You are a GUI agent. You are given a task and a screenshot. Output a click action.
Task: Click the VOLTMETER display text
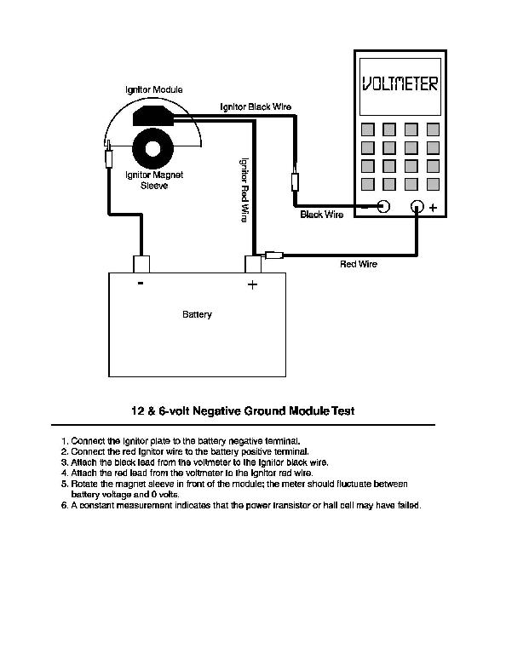click(x=400, y=83)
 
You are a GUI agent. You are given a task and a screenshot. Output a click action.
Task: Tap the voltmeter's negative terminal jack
click(x=383, y=206)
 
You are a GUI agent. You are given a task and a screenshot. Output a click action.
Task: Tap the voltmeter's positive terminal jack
click(x=417, y=206)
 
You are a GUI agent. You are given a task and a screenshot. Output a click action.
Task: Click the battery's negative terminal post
click(x=141, y=264)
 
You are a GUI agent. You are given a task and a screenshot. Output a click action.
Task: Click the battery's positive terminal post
click(x=252, y=264)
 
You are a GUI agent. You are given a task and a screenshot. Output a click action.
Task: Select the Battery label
click(x=197, y=314)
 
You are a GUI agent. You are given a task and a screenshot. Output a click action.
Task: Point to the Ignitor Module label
click(x=154, y=89)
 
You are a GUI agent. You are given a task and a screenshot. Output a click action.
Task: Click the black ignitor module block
click(x=152, y=116)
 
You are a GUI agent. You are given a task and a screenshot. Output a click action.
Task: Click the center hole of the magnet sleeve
click(x=152, y=148)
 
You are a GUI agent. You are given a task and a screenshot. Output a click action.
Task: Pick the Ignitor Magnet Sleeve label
click(x=154, y=181)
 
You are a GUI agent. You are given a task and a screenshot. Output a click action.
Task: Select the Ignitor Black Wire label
click(x=256, y=106)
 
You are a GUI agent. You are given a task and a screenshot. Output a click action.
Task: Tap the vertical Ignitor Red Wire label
click(x=244, y=190)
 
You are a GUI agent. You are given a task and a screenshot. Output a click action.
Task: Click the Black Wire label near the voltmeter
click(x=322, y=215)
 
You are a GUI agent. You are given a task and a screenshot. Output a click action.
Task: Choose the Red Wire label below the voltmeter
click(x=359, y=264)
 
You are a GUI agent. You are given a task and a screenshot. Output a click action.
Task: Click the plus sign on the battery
click(x=252, y=284)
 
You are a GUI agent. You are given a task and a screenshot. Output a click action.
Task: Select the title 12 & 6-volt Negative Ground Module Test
click(x=243, y=410)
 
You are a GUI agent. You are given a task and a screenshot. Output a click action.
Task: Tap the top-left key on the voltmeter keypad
click(x=367, y=129)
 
